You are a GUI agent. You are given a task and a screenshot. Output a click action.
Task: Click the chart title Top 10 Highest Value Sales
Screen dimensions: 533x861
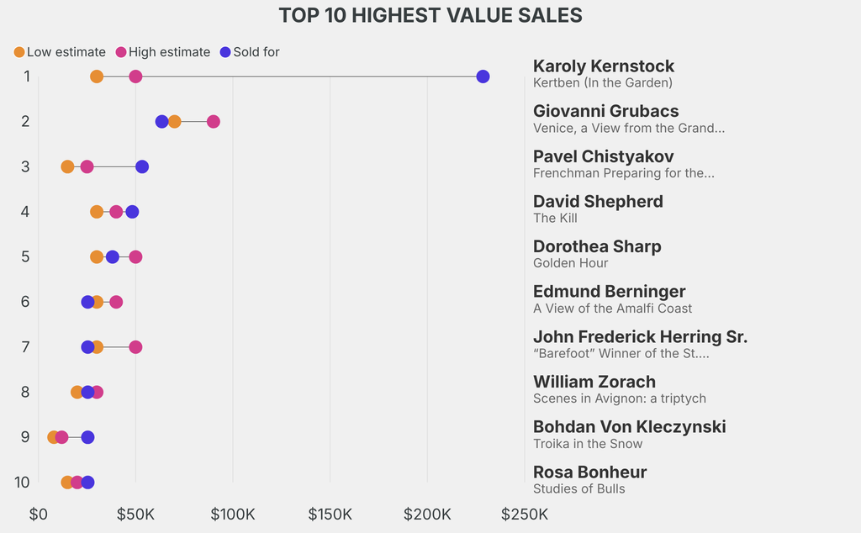(x=430, y=15)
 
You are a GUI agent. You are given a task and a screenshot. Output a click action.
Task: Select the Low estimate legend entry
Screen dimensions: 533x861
(x=59, y=52)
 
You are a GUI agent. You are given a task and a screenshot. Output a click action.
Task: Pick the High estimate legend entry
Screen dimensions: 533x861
(x=162, y=52)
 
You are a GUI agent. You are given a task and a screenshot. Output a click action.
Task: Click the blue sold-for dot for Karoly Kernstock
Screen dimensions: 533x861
(x=483, y=77)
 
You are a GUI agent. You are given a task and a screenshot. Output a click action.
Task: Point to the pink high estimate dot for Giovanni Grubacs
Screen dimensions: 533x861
(x=214, y=122)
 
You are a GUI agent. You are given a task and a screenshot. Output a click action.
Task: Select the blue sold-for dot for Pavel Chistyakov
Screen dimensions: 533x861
(x=142, y=166)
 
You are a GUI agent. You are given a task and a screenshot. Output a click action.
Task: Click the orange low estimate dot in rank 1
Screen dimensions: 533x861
(x=97, y=77)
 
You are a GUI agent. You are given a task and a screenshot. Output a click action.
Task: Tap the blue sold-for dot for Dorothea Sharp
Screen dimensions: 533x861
(x=113, y=256)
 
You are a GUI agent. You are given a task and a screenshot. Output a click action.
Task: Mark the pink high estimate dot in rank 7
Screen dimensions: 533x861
(x=135, y=347)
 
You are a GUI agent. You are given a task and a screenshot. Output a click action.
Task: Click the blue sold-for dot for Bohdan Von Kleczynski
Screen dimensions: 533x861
(x=87, y=437)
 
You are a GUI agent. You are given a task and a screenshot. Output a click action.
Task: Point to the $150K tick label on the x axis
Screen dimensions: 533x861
(x=330, y=514)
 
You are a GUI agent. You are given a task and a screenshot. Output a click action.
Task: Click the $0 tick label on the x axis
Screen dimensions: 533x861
(x=39, y=514)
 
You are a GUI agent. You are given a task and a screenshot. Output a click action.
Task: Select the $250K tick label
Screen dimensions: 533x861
(x=525, y=514)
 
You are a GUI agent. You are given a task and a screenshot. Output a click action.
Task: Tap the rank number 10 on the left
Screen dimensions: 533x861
(x=23, y=483)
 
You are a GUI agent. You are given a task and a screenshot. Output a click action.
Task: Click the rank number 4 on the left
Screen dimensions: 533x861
(x=25, y=212)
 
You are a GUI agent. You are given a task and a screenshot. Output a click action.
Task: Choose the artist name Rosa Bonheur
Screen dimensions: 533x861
(x=589, y=472)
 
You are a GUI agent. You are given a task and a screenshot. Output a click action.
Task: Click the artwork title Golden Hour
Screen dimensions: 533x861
(x=570, y=263)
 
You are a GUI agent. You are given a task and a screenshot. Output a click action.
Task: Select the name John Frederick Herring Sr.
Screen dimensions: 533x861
(x=640, y=336)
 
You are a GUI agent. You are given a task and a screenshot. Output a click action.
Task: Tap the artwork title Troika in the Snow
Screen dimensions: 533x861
(x=588, y=444)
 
